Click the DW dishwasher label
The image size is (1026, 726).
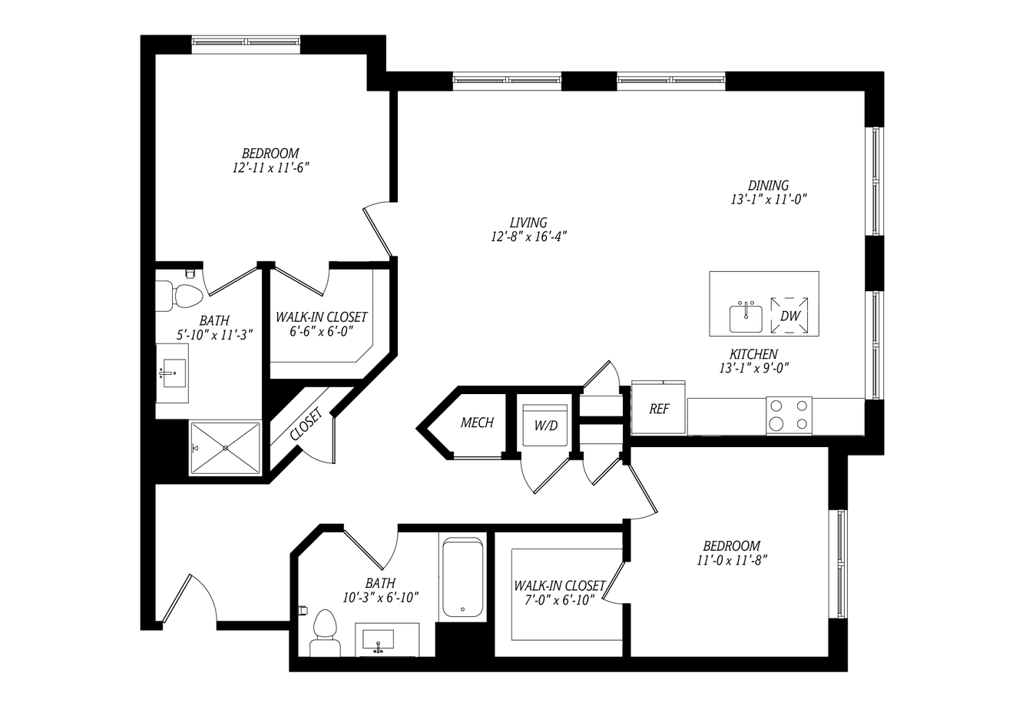[790, 316]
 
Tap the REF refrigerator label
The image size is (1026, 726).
[659, 409]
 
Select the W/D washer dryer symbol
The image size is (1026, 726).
[545, 425]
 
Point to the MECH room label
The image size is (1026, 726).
[477, 422]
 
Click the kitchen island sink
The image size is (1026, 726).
[746, 317]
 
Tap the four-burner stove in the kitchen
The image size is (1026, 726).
[789, 416]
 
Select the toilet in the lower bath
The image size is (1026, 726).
[325, 633]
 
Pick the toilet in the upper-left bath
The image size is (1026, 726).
[179, 296]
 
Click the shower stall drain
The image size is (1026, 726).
[225, 448]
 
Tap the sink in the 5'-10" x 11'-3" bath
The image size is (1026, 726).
[174, 373]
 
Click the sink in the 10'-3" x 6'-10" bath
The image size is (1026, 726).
[379, 640]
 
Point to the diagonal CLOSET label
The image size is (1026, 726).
[306, 424]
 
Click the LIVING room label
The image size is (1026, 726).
[528, 223]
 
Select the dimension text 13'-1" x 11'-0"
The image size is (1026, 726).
[769, 200]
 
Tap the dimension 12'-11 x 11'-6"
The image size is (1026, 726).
[270, 167]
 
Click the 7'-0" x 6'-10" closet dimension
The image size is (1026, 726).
[559, 600]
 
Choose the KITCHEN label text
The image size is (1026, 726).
[753, 354]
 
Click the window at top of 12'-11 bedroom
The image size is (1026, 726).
[246, 41]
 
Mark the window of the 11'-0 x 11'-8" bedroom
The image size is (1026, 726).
[841, 564]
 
